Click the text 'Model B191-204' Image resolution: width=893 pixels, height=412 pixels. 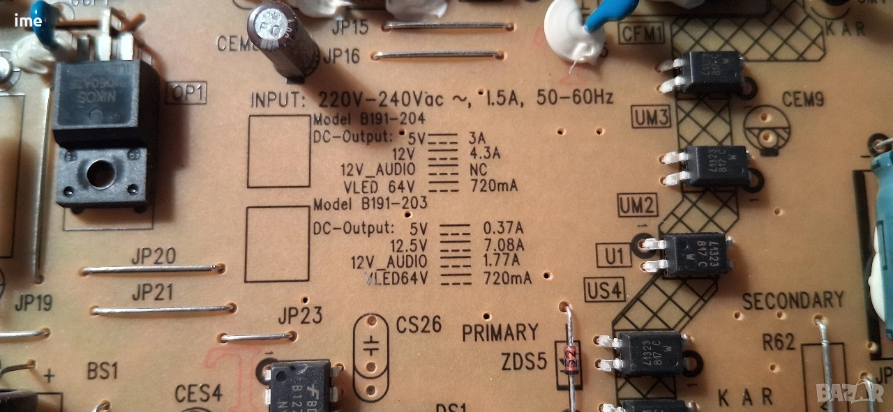tap(369, 119)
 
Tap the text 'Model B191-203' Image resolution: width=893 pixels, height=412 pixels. tap(369, 205)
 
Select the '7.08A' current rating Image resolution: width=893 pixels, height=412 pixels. tap(503, 245)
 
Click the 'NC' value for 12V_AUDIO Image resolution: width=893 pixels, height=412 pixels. tap(479, 169)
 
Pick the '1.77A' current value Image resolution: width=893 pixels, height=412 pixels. tap(501, 261)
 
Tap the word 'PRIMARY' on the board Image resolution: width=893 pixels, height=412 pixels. tap(500, 333)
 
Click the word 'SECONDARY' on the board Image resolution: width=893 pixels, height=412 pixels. tap(793, 300)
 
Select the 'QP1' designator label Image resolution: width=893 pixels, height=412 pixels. tap(186, 93)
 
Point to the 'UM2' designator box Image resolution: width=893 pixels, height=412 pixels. tap(638, 206)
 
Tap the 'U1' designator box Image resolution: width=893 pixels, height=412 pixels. tap(614, 257)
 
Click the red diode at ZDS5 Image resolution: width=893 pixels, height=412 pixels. tap(571, 360)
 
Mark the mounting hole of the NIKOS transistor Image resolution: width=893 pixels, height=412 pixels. tap(100, 174)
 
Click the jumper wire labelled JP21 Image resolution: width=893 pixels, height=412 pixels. tap(163, 309)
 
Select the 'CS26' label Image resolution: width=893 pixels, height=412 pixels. tap(419, 325)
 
